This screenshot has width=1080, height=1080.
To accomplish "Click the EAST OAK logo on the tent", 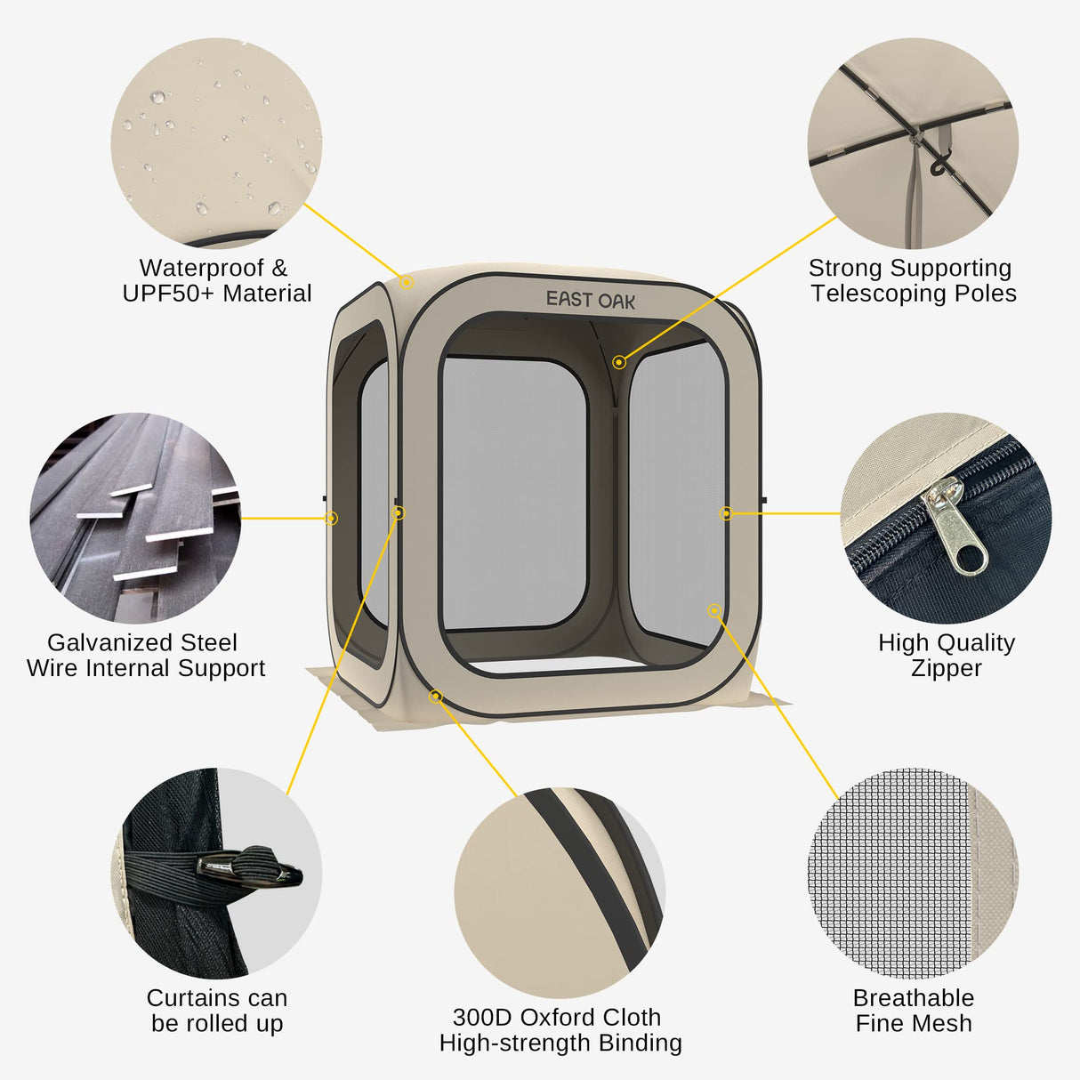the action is (x=590, y=300).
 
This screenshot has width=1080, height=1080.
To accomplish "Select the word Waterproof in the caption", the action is (x=202, y=268).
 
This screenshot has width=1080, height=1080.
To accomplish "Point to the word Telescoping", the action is (x=878, y=294).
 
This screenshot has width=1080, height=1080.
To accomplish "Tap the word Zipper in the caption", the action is (x=946, y=668).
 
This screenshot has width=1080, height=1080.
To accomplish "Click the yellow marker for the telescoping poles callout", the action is (x=619, y=362).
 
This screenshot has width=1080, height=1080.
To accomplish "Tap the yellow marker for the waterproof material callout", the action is (x=407, y=282).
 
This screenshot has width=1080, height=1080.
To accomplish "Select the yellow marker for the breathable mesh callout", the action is (x=714, y=610).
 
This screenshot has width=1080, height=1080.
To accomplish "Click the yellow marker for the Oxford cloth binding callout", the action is (x=436, y=697).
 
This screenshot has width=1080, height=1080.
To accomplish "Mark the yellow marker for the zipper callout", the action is (x=726, y=512).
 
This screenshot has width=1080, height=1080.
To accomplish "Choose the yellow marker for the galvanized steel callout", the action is (x=331, y=519).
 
